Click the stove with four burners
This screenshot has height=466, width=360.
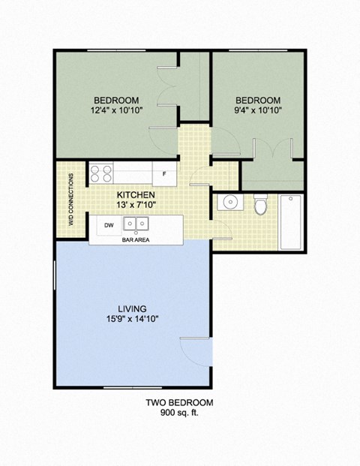(101, 174)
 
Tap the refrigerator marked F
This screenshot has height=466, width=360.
(163, 174)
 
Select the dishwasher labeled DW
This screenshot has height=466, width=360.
(108, 224)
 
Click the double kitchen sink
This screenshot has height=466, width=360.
(136, 224)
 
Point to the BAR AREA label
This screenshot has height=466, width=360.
(135, 241)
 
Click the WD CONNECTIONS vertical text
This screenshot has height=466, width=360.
(71, 200)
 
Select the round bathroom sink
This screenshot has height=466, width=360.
(228, 203)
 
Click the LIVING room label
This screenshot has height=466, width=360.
(132, 308)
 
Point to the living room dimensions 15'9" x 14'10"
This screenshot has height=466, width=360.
(132, 319)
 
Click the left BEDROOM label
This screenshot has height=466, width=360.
(116, 101)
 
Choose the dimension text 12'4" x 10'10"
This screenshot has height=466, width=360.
(116, 111)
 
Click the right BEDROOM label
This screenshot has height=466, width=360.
(258, 101)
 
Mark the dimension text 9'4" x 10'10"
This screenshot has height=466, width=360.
(258, 111)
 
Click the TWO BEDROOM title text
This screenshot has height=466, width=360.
(179, 403)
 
